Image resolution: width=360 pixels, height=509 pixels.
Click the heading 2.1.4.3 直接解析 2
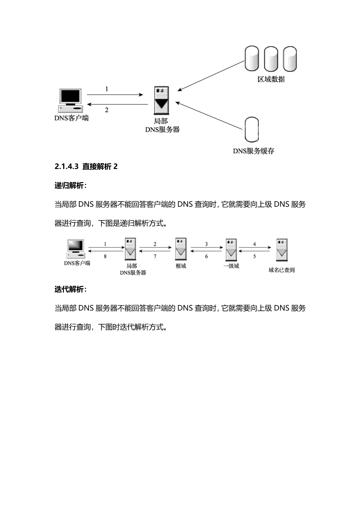[x=86, y=167]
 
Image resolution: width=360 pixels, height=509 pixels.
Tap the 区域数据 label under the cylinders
[x=271, y=79]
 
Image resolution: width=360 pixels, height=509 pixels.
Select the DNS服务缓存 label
[x=253, y=151]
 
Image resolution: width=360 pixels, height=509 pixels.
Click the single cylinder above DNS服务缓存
[x=252, y=130]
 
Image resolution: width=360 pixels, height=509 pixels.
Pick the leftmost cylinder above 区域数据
[x=251, y=58]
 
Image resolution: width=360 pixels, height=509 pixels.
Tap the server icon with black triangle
[x=162, y=100]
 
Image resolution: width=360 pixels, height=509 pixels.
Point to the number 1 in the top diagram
[x=107, y=89]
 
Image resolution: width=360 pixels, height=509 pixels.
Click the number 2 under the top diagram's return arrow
[x=107, y=110]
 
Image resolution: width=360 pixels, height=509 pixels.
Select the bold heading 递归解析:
[x=70, y=186]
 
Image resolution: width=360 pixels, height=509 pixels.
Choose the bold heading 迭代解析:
[x=70, y=289]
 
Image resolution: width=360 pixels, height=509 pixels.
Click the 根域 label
[x=181, y=266]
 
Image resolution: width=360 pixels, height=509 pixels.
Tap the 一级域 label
[x=231, y=266]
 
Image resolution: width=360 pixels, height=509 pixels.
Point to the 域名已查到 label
[x=282, y=270]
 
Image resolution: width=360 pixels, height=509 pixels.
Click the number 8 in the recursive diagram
[x=105, y=256]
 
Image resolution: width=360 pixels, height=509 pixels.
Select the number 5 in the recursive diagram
[x=255, y=256]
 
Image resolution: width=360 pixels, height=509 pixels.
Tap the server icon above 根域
[x=181, y=249]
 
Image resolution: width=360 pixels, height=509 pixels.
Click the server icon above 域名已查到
[x=282, y=249]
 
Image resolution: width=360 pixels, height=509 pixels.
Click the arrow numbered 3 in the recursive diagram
[x=206, y=248]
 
